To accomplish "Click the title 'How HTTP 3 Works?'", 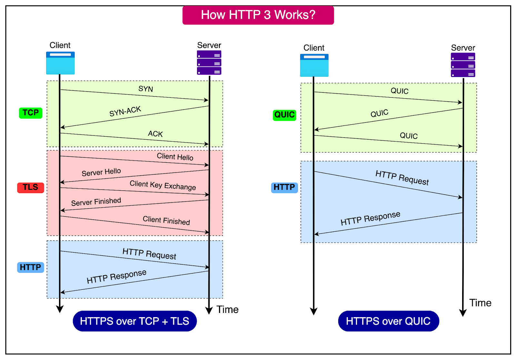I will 258,15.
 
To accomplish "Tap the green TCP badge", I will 31,113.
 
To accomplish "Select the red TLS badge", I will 30,187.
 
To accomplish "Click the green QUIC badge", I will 284,115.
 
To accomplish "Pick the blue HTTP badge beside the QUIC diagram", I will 284,187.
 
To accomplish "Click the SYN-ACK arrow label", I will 125,111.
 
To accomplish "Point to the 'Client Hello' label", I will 175,157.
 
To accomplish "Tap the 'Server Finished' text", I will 96,202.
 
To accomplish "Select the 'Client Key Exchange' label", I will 163,185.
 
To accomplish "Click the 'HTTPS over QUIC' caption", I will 388,321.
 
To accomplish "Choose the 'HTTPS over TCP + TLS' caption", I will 134,321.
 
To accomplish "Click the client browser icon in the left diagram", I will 60,63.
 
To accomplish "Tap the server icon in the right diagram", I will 463,65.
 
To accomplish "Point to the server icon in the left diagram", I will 209,63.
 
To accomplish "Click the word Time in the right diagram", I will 480,303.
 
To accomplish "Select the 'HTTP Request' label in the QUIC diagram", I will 402,178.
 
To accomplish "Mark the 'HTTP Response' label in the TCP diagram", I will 116,277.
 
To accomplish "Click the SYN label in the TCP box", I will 146,89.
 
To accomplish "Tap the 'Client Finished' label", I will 166,220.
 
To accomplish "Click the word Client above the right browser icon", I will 314,48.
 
